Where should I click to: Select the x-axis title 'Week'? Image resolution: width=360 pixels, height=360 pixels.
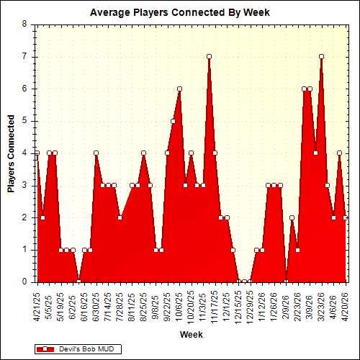191,335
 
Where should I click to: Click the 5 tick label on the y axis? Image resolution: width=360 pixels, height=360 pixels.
24,121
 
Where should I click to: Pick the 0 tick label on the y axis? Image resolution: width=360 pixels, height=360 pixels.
24,282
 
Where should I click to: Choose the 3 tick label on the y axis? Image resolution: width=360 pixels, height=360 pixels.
24,185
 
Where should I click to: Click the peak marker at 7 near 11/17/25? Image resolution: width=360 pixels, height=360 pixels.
209,56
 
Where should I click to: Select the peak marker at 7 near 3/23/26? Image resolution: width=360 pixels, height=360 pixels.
321,56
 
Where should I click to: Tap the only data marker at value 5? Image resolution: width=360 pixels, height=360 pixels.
174,121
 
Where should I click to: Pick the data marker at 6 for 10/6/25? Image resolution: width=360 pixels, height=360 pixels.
179,89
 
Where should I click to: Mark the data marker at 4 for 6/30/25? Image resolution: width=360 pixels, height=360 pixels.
96,153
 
